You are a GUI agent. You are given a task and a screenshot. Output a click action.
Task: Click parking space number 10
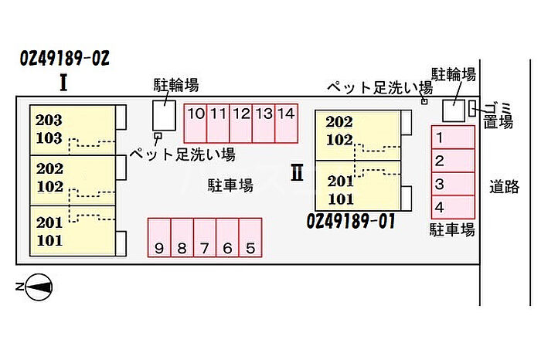pos(196,123)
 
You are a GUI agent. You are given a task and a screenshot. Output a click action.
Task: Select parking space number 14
pos(287,123)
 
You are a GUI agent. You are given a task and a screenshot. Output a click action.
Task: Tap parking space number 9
pos(159,238)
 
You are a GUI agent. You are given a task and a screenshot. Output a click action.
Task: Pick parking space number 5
pos(250,238)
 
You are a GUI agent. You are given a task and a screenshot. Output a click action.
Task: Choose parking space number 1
pos(453,138)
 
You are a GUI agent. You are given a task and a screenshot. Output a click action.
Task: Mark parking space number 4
pos(453,207)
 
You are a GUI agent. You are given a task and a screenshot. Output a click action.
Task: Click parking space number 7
pos(205,238)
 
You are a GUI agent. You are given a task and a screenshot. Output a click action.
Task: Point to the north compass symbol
pos(35,287)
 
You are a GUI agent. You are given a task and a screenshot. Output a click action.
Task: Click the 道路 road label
pos(505,186)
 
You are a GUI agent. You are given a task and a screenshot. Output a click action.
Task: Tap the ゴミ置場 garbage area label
pos(498,116)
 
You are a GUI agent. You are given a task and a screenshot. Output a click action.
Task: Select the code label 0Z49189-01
pos(351,221)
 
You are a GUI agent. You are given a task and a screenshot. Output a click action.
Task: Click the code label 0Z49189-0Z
pos(64,58)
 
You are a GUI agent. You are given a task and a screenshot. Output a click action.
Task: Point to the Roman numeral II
pos(297,172)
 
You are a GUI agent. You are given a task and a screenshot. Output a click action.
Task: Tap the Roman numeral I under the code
pos(63,83)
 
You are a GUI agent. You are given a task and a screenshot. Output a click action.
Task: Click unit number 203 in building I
pos(49,121)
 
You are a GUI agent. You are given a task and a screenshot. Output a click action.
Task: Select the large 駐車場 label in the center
pos(230,185)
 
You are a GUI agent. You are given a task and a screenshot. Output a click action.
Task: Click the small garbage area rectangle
pos(472,108)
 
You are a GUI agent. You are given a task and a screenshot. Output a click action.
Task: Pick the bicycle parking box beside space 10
pos(164,116)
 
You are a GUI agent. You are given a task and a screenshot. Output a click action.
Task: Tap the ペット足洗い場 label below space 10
pos(182,155)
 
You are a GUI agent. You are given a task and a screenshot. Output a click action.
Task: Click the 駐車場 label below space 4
pos(452,229)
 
